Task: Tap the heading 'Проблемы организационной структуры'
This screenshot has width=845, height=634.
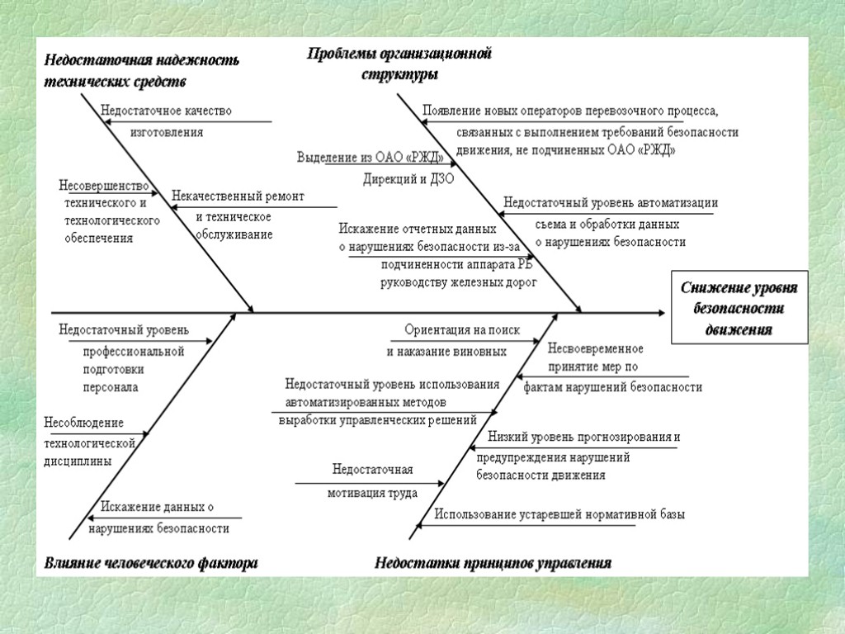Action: [x=399, y=64]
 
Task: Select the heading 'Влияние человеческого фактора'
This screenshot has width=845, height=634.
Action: [x=151, y=564]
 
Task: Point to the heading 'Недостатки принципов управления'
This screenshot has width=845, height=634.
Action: [x=493, y=564]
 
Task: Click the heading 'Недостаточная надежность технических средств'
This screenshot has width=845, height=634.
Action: [x=141, y=70]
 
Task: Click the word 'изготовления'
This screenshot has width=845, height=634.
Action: [x=167, y=131]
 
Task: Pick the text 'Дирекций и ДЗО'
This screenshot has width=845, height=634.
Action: [x=408, y=178]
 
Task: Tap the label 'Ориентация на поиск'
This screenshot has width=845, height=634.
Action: [x=462, y=329]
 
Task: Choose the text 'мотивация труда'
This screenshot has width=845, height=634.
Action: [x=372, y=493]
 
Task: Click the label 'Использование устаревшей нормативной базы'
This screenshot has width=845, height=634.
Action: [x=559, y=514]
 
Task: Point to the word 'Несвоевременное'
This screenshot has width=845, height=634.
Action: [x=596, y=348]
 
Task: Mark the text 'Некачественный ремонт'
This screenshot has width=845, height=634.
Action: [x=238, y=196]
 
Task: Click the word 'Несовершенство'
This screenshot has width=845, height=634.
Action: [x=104, y=185]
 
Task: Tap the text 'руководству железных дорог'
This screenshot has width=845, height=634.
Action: [x=458, y=282]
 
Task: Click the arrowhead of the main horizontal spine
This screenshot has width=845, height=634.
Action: [x=660, y=313]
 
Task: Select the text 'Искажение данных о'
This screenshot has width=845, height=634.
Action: [x=157, y=507]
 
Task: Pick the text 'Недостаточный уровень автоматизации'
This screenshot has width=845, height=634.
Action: [x=611, y=203]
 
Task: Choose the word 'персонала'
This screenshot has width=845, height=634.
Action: [x=110, y=386]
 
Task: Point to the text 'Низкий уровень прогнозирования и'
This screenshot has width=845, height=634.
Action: [x=584, y=437]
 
